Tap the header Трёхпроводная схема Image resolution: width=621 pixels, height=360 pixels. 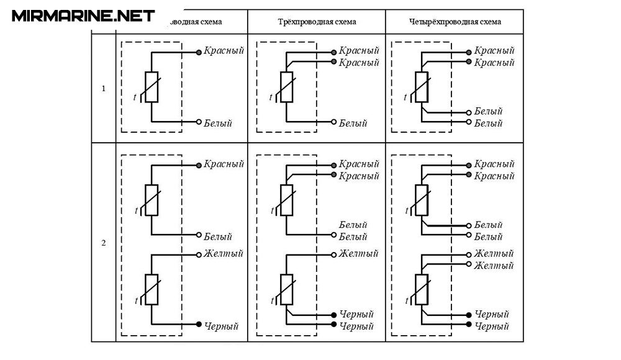pyautogui.click(x=317, y=22)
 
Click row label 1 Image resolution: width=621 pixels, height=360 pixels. pyautogui.click(x=104, y=88)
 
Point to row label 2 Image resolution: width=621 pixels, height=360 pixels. pyautogui.click(x=104, y=242)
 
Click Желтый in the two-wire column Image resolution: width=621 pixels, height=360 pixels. pyautogui.click(x=223, y=253)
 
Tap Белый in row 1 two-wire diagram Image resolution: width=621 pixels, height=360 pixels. pyautogui.click(x=217, y=123)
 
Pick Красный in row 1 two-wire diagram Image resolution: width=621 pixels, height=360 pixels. pyautogui.click(x=224, y=50)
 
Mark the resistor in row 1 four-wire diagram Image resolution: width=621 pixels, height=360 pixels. pyautogui.click(x=422, y=87)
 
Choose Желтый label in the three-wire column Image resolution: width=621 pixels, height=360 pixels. pyautogui.click(x=358, y=253)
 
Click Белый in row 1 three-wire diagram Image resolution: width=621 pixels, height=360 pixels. pyautogui.click(x=353, y=123)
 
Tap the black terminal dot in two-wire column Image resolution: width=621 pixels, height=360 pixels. pyautogui.click(x=199, y=325)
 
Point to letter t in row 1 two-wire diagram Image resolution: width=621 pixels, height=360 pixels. pyautogui.click(x=135, y=97)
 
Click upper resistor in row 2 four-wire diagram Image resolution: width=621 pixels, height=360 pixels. pyautogui.click(x=422, y=200)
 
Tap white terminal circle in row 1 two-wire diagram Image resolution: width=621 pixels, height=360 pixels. pyautogui.click(x=199, y=122)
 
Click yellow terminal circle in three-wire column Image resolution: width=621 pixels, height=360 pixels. pyautogui.click(x=334, y=254)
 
